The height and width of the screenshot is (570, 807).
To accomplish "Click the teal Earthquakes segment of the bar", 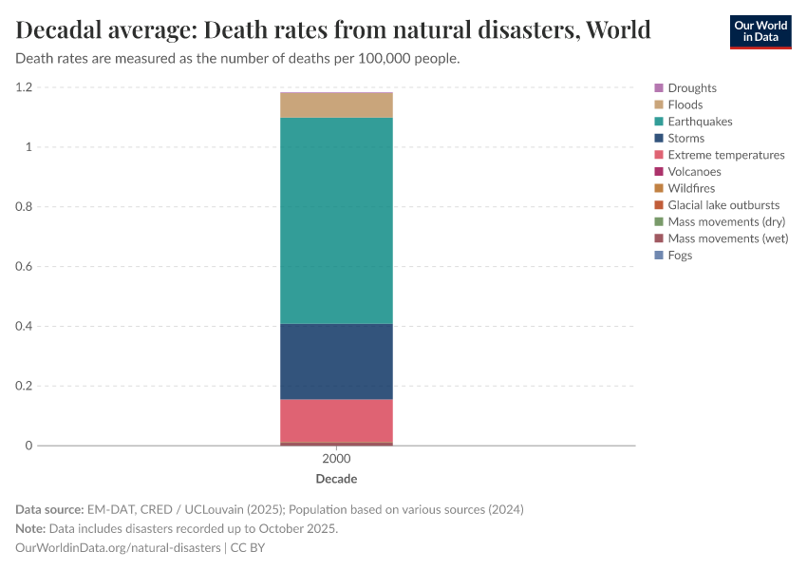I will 336,220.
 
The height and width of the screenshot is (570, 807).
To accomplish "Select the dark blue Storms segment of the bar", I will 336,361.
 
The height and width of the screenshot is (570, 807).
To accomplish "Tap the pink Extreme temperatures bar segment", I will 336,420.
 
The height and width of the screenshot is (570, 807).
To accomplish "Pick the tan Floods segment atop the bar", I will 336,104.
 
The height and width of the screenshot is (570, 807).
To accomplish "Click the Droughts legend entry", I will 691,88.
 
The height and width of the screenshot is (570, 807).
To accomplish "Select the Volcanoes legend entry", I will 694,172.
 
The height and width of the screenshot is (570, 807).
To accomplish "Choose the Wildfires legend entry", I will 691,188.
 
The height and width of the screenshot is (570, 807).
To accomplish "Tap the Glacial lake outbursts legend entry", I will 723,205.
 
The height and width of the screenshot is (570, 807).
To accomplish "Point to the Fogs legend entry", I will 680,256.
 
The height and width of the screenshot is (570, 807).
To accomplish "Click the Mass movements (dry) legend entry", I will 726,221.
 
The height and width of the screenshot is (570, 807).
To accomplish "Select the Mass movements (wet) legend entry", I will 727,238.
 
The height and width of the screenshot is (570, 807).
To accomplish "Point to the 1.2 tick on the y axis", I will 23,87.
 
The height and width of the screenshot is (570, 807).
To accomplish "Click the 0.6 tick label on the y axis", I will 23,267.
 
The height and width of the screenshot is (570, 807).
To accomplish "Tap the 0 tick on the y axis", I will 28,446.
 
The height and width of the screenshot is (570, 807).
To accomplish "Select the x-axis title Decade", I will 336,479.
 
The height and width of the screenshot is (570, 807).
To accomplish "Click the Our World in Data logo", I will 760,31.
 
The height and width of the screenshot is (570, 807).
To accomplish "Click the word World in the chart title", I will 618,30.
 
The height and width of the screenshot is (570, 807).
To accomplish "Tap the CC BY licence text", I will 253,548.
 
